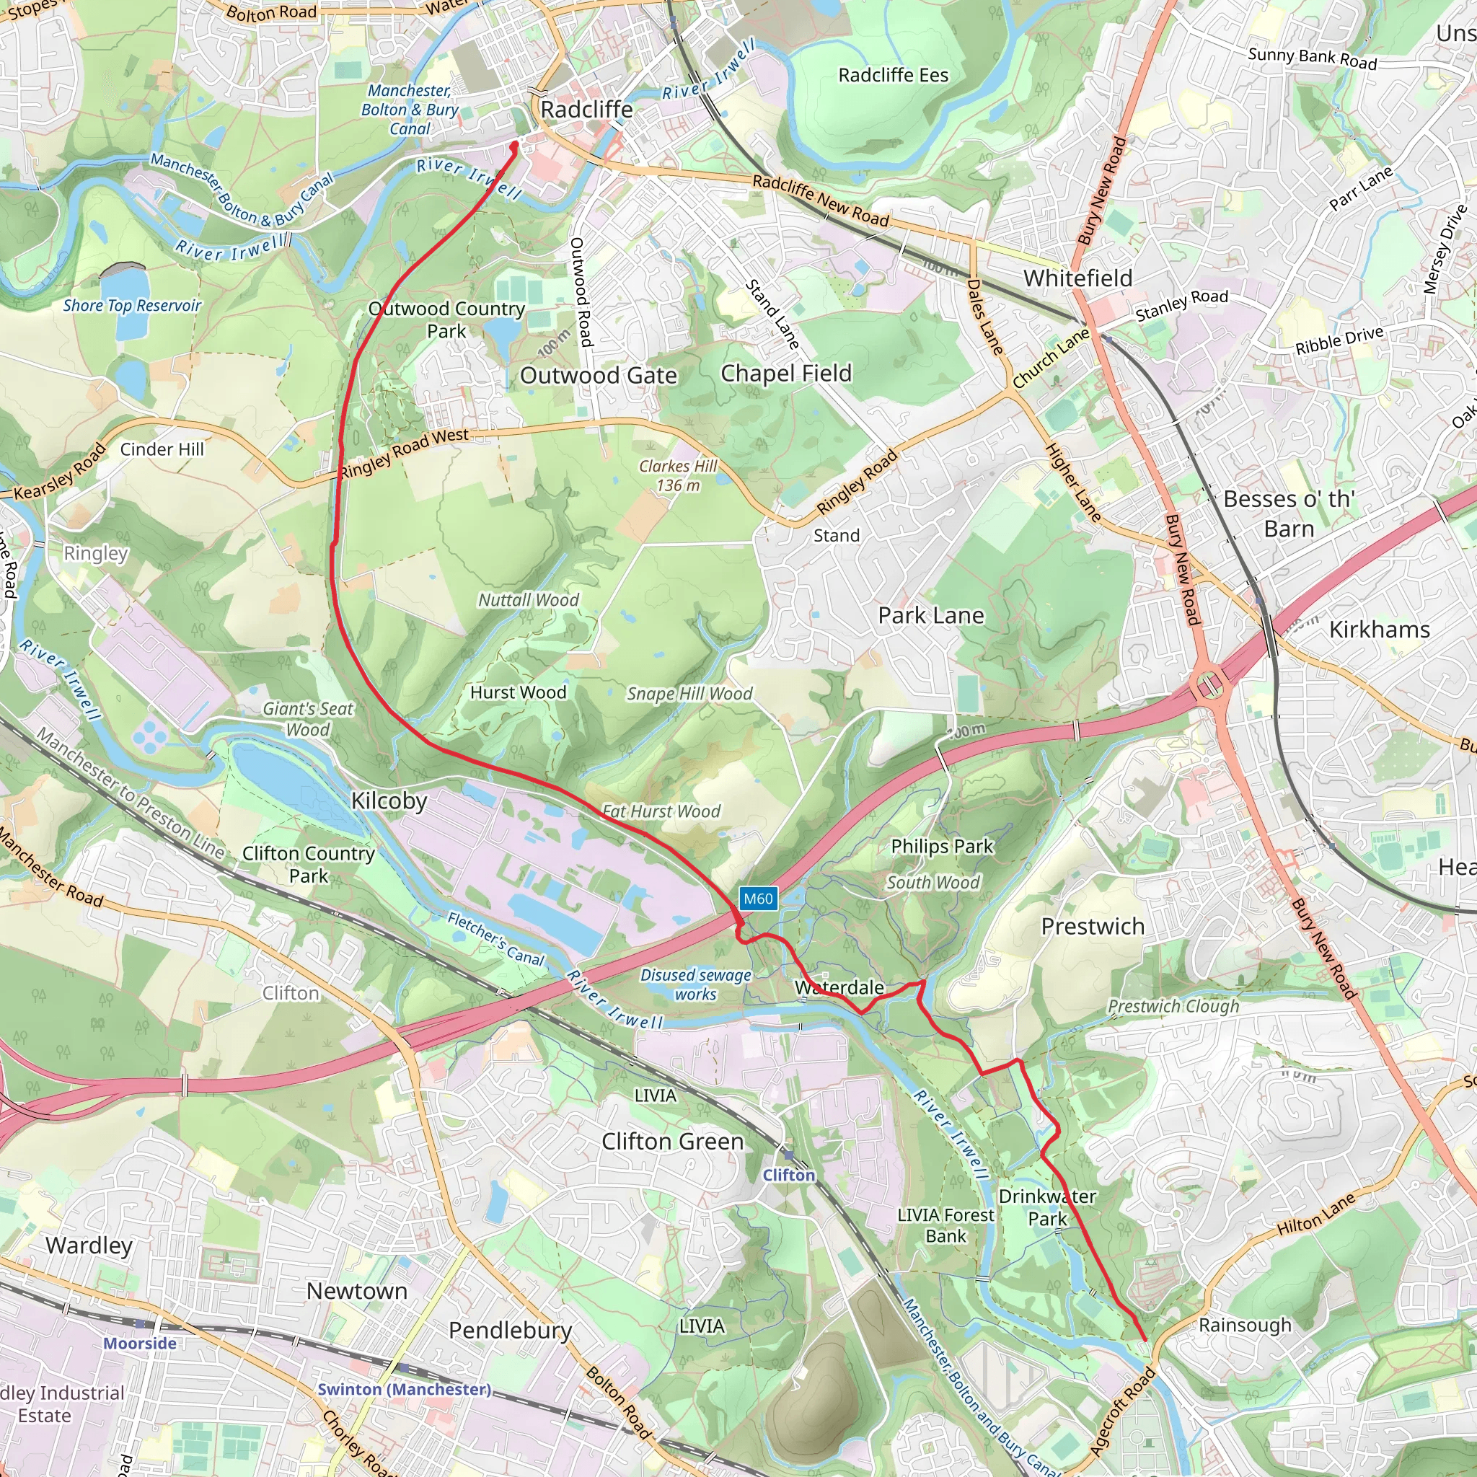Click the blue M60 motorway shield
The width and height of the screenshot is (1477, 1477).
pyautogui.click(x=758, y=899)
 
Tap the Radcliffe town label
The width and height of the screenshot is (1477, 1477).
pyautogui.click(x=586, y=110)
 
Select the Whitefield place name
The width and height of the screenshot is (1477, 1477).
pyautogui.click(x=1078, y=278)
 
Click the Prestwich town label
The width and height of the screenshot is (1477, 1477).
pyautogui.click(x=1093, y=927)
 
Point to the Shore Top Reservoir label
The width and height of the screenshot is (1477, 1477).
pyautogui.click(x=132, y=306)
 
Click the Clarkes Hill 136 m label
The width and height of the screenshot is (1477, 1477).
pyautogui.click(x=678, y=475)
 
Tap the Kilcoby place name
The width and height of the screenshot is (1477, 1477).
pyautogui.click(x=389, y=801)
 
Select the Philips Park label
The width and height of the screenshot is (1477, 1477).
pyautogui.click(x=942, y=846)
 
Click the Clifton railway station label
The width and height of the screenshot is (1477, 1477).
pyautogui.click(x=789, y=1175)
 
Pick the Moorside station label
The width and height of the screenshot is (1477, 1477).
pyautogui.click(x=140, y=1343)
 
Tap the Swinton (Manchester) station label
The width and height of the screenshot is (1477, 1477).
pyautogui.click(x=405, y=1389)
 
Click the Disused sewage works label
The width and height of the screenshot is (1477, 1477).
pyautogui.click(x=696, y=984)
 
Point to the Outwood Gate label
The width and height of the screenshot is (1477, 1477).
pyautogui.click(x=599, y=375)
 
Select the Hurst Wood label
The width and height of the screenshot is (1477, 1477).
pyautogui.click(x=519, y=692)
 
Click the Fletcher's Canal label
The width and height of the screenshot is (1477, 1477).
pyautogui.click(x=495, y=939)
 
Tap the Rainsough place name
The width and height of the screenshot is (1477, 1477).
pyautogui.click(x=1245, y=1325)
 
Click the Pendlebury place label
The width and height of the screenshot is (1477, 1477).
pyautogui.click(x=510, y=1330)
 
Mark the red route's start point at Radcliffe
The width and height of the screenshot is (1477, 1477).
pyautogui.click(x=514, y=144)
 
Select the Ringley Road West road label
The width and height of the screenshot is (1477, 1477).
pyautogui.click(x=404, y=453)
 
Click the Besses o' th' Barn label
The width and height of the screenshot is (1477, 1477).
pyautogui.click(x=1289, y=513)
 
